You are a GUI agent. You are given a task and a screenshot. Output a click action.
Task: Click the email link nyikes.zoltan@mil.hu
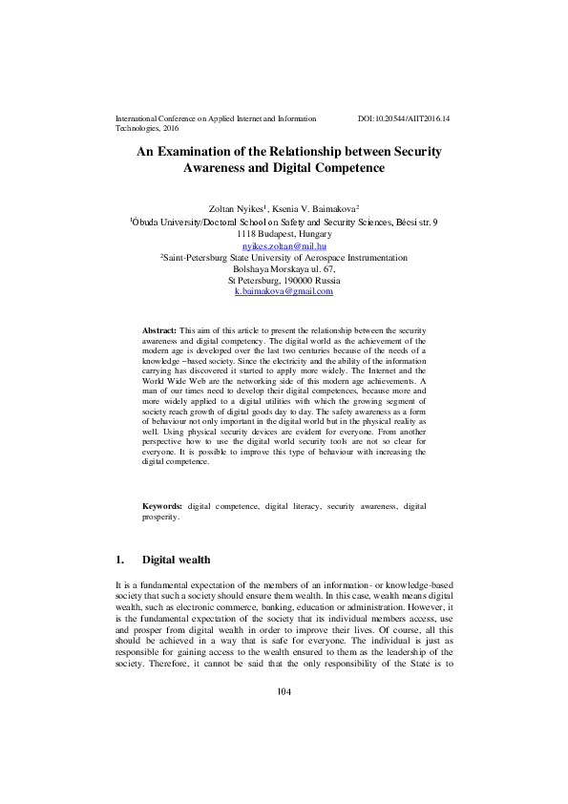pyautogui.click(x=284, y=245)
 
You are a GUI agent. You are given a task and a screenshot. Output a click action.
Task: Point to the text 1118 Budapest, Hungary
pyautogui.click(x=284, y=234)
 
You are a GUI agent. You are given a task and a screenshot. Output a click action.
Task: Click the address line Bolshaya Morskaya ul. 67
pyautogui.click(x=284, y=268)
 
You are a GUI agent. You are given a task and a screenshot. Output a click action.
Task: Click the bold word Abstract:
pyautogui.click(x=158, y=328)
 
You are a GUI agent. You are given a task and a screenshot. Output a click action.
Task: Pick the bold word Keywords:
pyautogui.click(x=162, y=505)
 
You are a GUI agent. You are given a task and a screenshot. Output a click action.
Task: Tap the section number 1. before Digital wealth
pyautogui.click(x=119, y=559)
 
